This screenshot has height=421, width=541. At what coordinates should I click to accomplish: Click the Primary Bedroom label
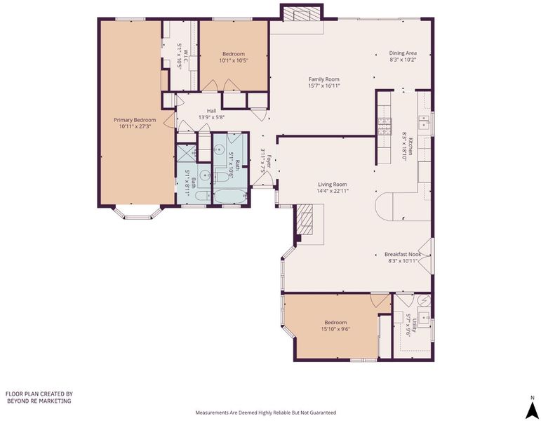(x=135, y=120)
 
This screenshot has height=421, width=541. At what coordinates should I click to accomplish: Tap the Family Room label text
(x=324, y=79)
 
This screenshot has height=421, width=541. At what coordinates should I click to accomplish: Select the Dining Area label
(x=403, y=53)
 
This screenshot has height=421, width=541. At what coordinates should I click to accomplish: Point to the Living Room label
(x=333, y=185)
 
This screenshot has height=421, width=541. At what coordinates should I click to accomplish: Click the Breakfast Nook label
(x=403, y=254)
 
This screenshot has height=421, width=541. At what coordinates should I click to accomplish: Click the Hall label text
(x=211, y=111)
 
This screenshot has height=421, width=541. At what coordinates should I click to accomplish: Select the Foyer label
(x=269, y=163)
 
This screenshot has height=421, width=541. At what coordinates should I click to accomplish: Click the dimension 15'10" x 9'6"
(x=335, y=329)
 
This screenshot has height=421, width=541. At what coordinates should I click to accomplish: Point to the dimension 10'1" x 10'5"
(x=234, y=60)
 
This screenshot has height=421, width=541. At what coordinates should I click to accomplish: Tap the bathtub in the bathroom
(x=230, y=196)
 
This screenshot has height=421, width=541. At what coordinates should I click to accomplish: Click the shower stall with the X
(x=187, y=154)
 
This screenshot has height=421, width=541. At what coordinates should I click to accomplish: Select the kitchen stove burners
(x=385, y=126)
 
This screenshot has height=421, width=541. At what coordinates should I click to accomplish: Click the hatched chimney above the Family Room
(x=302, y=14)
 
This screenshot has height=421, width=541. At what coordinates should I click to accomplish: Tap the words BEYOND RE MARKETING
(x=39, y=401)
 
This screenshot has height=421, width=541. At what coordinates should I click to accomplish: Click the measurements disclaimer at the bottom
(x=266, y=413)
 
